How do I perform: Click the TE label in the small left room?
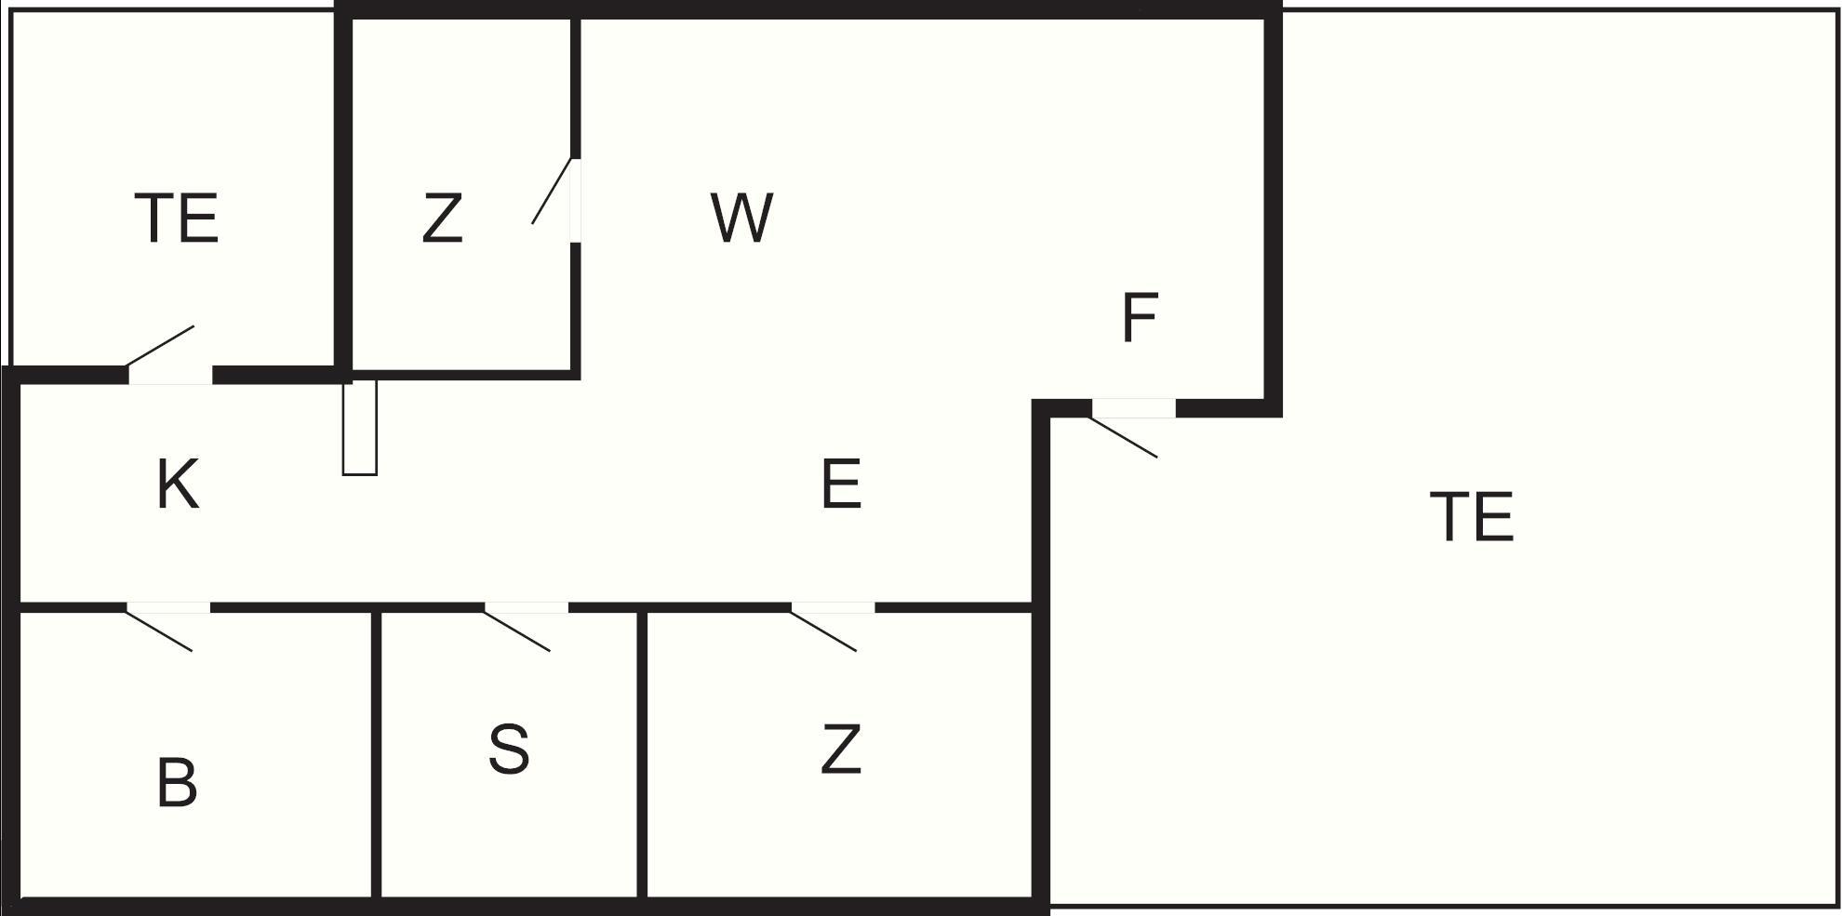coord(177,219)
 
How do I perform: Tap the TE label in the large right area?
coord(1472,516)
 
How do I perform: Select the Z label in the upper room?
coord(442,219)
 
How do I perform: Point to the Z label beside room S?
coord(841,750)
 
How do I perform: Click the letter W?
coord(741,219)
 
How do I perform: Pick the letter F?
coord(1140,318)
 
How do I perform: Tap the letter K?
coord(178,485)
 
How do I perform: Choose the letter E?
coord(841,485)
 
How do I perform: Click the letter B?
coord(177,783)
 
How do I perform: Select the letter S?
coord(509,750)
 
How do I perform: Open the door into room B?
coord(168,627)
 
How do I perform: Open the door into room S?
coord(526,627)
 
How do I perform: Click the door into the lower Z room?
coord(833,627)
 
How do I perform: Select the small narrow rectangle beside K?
coord(360,428)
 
